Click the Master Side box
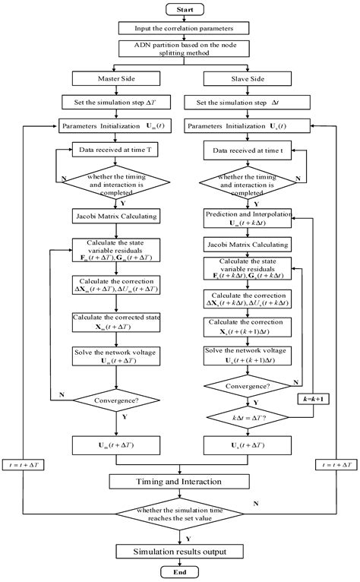point(114,77)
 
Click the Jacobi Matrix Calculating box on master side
point(114,215)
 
